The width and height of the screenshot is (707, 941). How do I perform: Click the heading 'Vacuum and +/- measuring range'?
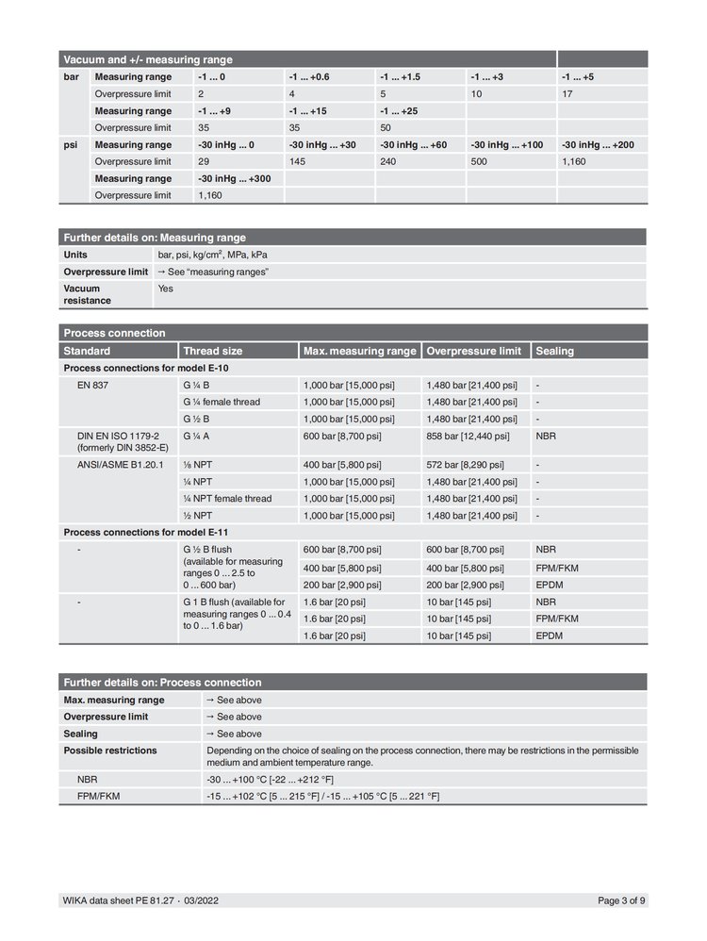tap(148, 59)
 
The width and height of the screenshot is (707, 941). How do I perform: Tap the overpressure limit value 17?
tap(567, 94)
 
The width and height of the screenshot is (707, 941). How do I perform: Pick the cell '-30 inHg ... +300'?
tap(234, 178)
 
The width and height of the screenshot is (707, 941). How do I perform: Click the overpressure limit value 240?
tap(388, 161)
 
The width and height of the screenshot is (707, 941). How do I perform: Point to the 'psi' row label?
tap(71, 145)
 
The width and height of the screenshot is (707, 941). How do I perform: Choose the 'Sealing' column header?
tap(554, 351)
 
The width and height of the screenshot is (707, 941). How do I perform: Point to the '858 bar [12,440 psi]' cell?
tap(468, 437)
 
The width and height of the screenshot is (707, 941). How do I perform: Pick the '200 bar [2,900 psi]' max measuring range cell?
tap(348, 586)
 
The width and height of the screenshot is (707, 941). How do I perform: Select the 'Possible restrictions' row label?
tap(110, 751)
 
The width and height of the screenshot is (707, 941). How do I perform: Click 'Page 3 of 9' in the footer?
tap(622, 900)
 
